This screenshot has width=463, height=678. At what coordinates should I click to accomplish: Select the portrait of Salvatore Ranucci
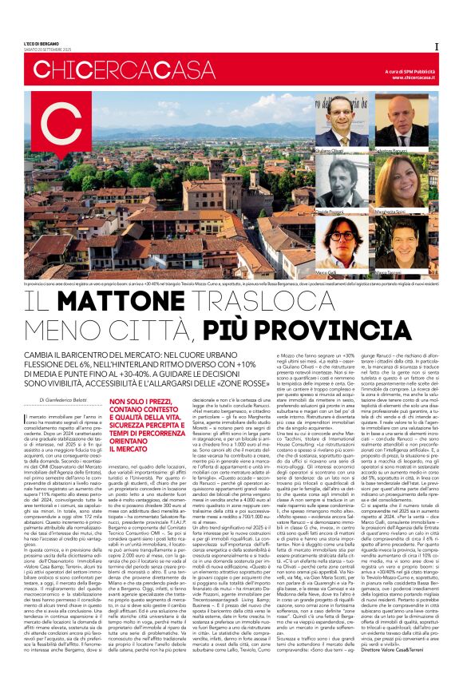pyautogui.click(x=405, y=128)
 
